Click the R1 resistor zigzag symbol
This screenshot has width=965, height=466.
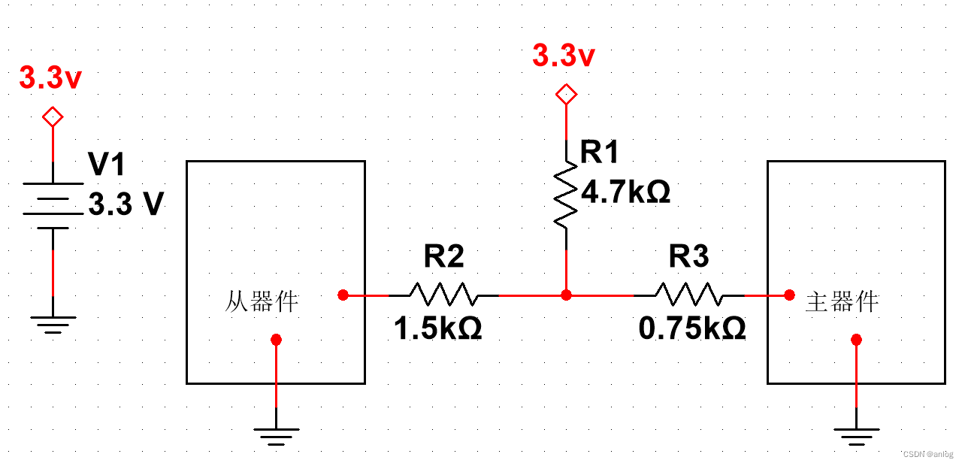click(x=566, y=197)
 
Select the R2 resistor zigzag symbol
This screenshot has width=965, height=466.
click(x=443, y=295)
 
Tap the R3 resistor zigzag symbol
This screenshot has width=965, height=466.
click(x=689, y=295)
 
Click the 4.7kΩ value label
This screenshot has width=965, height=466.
click(x=626, y=192)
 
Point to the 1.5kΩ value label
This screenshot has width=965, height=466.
click(x=438, y=328)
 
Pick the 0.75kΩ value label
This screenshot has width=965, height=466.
click(x=692, y=328)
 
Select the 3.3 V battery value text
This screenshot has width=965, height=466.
click(x=126, y=204)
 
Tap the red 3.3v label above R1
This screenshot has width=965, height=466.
click(x=564, y=56)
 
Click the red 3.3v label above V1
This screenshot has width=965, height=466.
click(x=50, y=78)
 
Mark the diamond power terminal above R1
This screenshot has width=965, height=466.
click(x=566, y=95)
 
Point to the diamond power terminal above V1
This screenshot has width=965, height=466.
click(x=53, y=117)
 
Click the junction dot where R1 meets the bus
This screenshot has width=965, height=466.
click(x=566, y=295)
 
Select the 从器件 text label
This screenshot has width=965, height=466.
click(x=262, y=302)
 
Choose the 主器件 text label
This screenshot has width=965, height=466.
click(x=842, y=302)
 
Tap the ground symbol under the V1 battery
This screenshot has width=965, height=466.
click(x=53, y=323)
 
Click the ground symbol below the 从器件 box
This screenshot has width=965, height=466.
click(x=276, y=435)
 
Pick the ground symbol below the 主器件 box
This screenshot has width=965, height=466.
click(x=856, y=435)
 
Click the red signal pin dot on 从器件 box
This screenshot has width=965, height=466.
click(x=343, y=295)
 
